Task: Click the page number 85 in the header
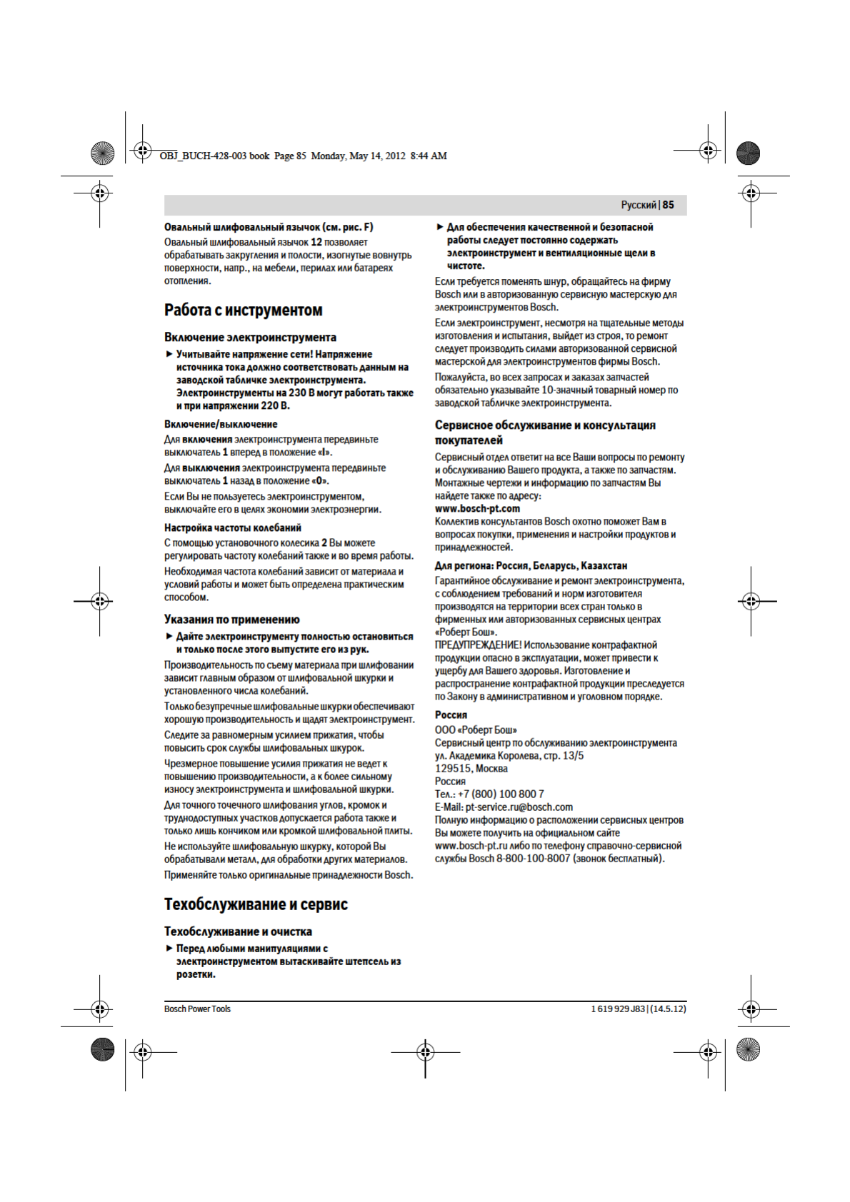(x=669, y=205)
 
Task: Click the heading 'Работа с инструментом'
(x=243, y=310)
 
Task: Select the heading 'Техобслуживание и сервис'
(x=256, y=904)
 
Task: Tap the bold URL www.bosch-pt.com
(x=477, y=509)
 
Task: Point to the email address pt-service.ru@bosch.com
(x=519, y=807)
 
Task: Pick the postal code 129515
(x=453, y=769)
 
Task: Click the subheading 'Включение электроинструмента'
(x=250, y=338)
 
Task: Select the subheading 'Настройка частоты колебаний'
(x=233, y=528)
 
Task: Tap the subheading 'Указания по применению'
(x=232, y=620)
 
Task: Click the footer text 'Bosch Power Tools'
(x=197, y=1009)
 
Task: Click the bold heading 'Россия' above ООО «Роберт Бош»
(x=451, y=715)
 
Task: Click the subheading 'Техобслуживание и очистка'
(x=238, y=931)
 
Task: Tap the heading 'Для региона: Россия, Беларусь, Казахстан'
(x=531, y=566)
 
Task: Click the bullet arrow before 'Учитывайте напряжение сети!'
(x=169, y=354)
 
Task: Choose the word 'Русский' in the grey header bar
(x=638, y=205)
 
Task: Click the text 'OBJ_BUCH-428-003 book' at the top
(x=214, y=156)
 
